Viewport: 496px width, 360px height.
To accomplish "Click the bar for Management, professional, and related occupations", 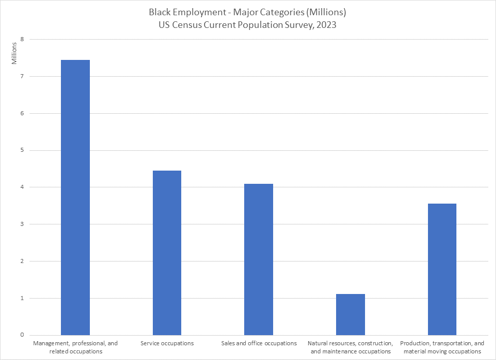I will pyautogui.click(x=75, y=198).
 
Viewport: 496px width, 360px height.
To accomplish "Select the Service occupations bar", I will pyautogui.click(x=167, y=253).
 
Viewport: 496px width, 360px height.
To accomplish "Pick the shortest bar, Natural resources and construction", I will pyautogui.click(x=350, y=314).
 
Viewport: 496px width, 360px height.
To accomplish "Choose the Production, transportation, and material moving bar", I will pyautogui.click(x=442, y=269).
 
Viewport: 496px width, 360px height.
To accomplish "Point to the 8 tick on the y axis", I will pyautogui.click(x=22, y=40).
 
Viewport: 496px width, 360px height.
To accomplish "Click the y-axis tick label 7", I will pyautogui.click(x=22, y=77).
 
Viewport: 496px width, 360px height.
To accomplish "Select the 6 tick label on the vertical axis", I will pyautogui.click(x=22, y=113).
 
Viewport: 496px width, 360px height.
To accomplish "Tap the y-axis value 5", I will pyautogui.click(x=22, y=150).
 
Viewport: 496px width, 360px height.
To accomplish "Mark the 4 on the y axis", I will pyautogui.click(x=22, y=187).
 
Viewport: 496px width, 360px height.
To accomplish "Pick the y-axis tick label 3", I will pyautogui.click(x=22, y=224).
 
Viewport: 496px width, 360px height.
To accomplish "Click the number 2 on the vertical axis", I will pyautogui.click(x=22, y=261).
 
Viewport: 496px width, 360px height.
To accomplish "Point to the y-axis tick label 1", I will pyautogui.click(x=22, y=298).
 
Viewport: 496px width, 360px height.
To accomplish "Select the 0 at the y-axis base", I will pyautogui.click(x=22, y=335).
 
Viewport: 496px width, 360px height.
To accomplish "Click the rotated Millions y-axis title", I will pyautogui.click(x=15, y=53).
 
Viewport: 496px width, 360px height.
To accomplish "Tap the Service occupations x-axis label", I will pyautogui.click(x=167, y=343).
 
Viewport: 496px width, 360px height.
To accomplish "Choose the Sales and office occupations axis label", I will pyautogui.click(x=259, y=343).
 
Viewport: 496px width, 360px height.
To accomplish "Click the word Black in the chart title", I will pyautogui.click(x=160, y=12).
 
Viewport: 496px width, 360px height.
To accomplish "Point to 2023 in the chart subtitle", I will pyautogui.click(x=325, y=24).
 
